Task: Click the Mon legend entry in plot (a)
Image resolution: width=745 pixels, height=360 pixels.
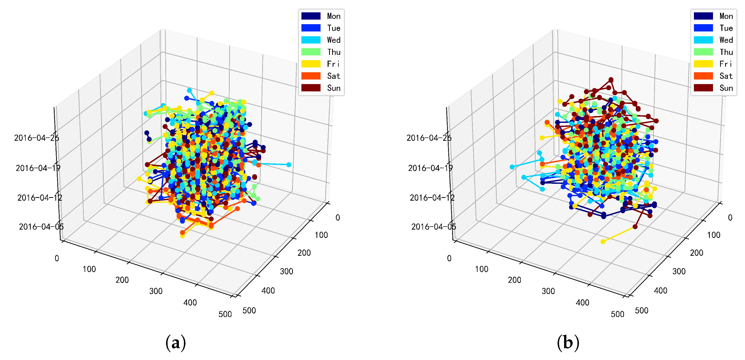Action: coord(321,16)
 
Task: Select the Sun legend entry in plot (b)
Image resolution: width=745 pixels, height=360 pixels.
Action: coord(713,88)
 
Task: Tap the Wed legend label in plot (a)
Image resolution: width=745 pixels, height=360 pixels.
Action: coord(333,40)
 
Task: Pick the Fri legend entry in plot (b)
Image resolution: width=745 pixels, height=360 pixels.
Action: coord(713,64)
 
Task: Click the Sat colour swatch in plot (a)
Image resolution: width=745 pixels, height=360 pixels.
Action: coord(311,76)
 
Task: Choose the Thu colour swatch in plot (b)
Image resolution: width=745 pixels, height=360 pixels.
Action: coord(703,52)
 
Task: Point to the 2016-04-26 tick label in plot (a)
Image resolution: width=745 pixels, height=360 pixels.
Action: coord(36,138)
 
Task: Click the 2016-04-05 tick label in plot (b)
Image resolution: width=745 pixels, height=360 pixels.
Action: coord(434,227)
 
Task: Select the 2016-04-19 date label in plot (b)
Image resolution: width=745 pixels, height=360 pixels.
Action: coord(430,168)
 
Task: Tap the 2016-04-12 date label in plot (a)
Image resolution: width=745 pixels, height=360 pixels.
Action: coord(40,198)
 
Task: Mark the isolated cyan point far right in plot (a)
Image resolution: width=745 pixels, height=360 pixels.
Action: coord(289,165)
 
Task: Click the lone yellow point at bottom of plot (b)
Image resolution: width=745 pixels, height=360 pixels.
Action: coord(603,241)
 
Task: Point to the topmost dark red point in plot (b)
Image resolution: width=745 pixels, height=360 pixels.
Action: coord(611,80)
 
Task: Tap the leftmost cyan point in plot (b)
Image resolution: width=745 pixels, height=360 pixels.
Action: coord(512,167)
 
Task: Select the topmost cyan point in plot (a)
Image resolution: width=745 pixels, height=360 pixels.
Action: coord(189,90)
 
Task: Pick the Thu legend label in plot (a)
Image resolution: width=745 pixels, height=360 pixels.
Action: coord(333,52)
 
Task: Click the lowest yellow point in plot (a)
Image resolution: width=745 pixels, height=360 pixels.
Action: coord(182,236)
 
